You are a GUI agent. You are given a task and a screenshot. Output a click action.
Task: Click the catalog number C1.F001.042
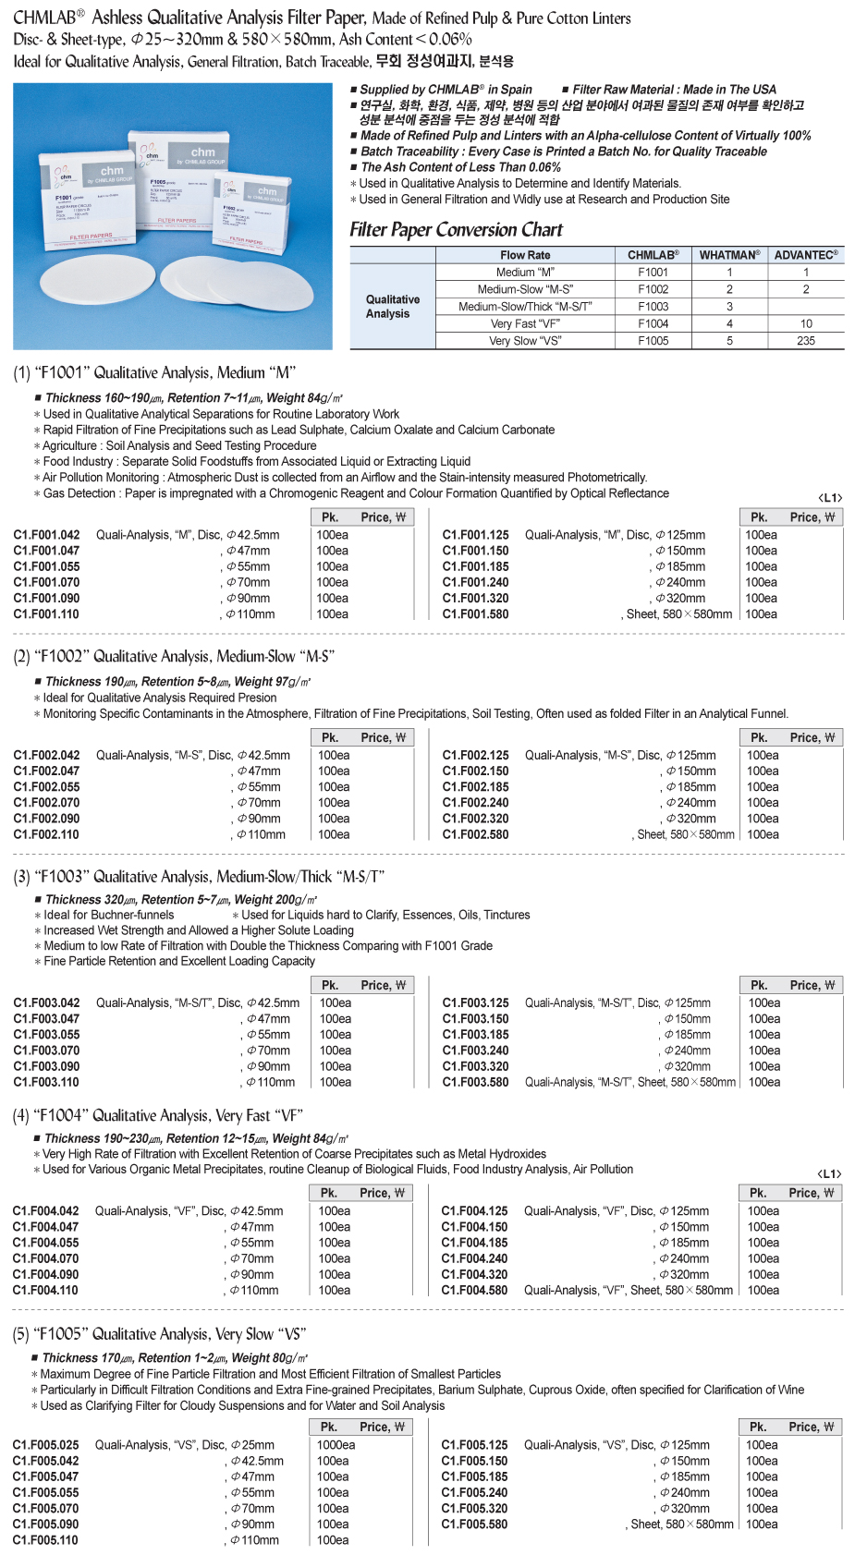pos(46,535)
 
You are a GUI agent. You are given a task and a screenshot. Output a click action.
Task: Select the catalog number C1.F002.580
pos(475,834)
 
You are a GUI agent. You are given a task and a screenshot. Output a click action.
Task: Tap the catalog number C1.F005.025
pos(45,1445)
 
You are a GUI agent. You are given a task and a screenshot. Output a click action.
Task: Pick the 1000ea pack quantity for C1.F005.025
pos(336,1445)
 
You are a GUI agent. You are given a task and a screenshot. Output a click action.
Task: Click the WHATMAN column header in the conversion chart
pos(729,255)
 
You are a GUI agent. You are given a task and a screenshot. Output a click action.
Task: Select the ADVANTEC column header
pos(806,255)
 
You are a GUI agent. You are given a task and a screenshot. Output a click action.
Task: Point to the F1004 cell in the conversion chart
pos(653,324)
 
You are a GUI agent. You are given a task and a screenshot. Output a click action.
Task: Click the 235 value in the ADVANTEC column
pos(806,341)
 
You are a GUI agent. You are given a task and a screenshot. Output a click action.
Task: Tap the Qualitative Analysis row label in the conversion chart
pos(392,307)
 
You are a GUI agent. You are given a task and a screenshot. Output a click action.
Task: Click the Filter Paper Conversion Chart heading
pos(456,230)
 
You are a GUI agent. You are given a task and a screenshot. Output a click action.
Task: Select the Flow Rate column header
pos(525,255)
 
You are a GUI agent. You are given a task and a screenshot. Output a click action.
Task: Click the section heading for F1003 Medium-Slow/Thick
pos(199,877)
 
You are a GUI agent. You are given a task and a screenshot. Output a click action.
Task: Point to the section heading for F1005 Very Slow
pos(159,1334)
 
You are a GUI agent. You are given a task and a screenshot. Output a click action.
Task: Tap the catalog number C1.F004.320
pos(474,1274)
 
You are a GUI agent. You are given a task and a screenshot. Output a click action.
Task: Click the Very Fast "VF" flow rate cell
pos(525,324)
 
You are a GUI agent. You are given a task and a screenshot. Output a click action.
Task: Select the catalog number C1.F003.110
pos(46,1082)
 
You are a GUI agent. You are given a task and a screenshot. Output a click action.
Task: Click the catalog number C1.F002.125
pos(475,755)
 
